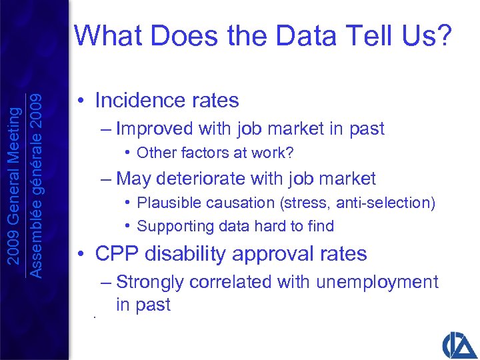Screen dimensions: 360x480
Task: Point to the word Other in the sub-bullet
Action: pyautogui.click(x=154, y=153)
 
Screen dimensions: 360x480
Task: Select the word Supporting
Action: pyautogui.click(x=171, y=227)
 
